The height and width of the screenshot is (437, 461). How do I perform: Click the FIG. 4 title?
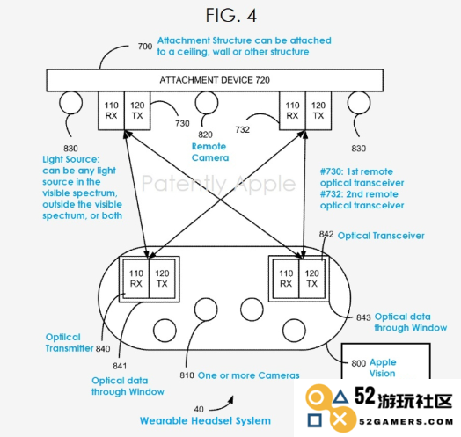pos(231,15)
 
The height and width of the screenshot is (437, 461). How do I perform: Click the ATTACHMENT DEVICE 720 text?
pos(215,80)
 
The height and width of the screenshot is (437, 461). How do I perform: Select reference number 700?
pos(145,47)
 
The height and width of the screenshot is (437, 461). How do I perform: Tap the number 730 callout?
pos(182,123)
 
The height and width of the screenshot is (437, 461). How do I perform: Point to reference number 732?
pos(242,129)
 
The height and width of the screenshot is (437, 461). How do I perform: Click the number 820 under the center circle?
pos(205,135)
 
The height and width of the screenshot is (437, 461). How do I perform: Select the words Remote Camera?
pos(210,152)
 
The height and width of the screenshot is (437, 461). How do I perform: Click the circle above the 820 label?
pos(207,103)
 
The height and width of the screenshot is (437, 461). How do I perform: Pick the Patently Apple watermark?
pos(218,184)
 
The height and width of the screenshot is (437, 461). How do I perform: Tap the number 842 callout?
pos(326,234)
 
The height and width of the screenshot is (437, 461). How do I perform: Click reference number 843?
pos(363,317)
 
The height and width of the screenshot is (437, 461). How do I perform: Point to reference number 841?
pos(120,366)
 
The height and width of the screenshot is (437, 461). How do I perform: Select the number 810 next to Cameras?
pos(187,375)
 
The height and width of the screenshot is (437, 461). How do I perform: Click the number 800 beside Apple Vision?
pos(359,363)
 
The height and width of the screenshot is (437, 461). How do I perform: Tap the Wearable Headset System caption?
pos(205,420)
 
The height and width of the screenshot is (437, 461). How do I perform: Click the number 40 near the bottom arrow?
pos(199,409)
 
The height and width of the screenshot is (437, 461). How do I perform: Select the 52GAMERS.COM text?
pos(406,422)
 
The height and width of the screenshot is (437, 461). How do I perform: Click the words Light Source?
pos(71,159)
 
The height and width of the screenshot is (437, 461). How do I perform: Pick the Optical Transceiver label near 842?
pos(381,236)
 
